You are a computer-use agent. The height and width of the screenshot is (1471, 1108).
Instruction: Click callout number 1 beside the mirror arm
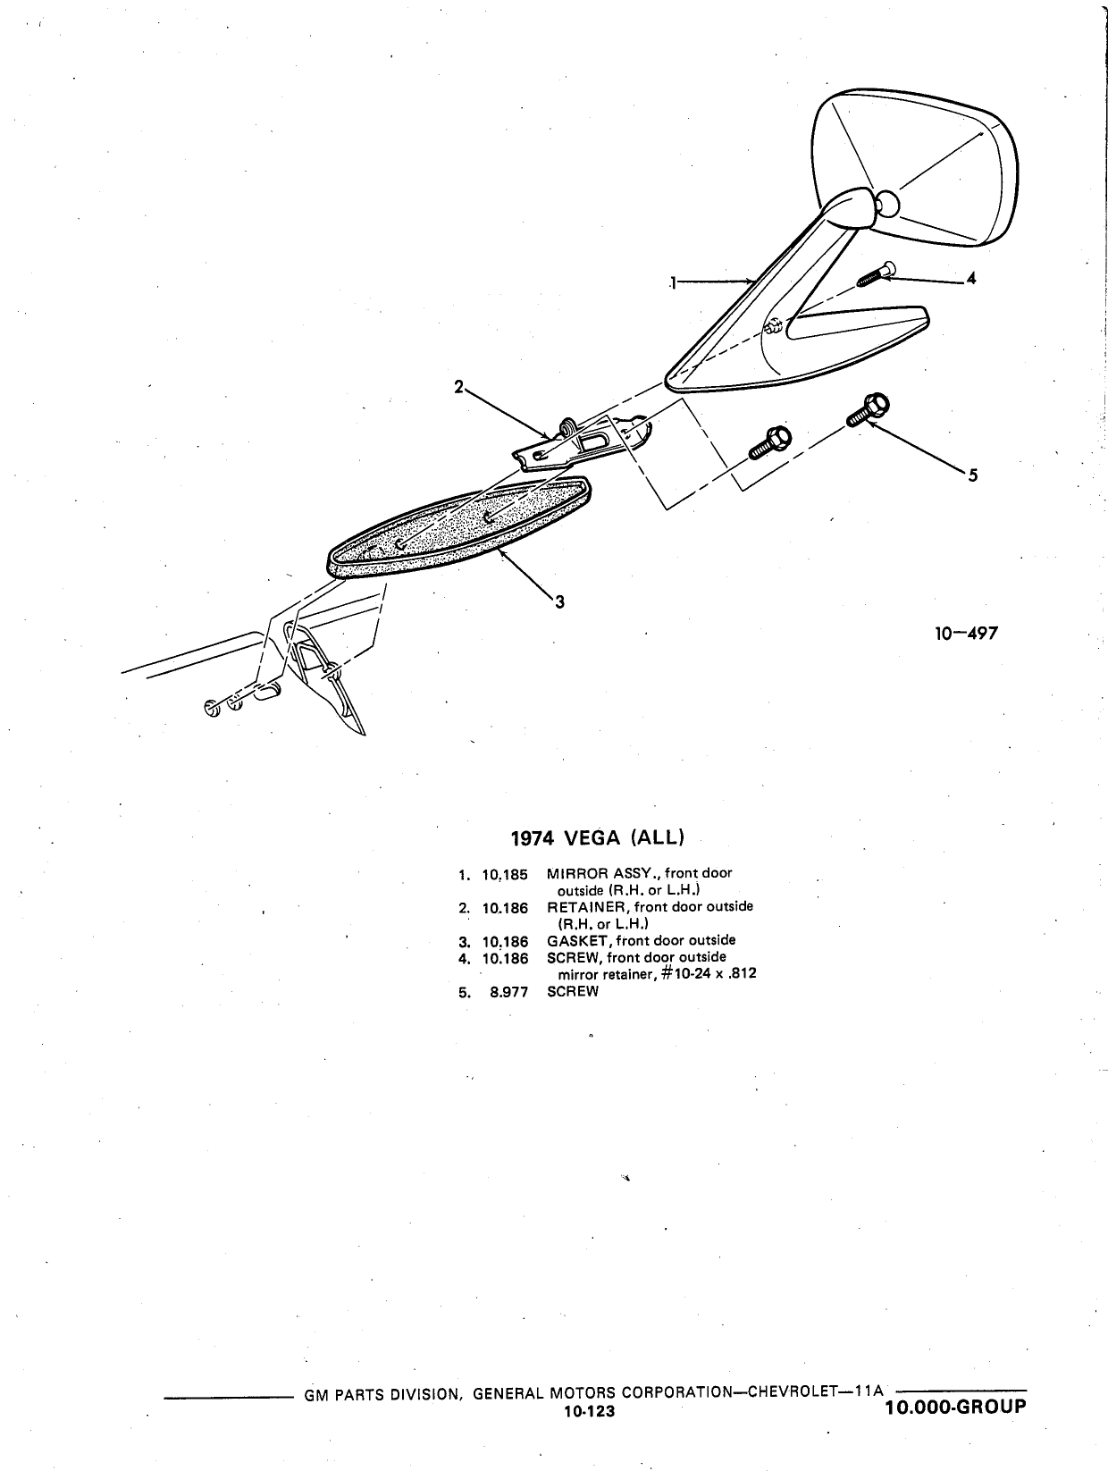(673, 282)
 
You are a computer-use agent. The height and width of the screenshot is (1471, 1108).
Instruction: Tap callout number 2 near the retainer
(459, 387)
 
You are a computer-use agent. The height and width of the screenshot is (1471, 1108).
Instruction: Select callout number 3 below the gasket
(560, 601)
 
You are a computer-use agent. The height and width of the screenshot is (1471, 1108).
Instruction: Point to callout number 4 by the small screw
(970, 277)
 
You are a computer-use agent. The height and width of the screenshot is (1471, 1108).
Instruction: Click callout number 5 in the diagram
(973, 475)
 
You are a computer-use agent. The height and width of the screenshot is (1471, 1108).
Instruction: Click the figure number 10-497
(966, 633)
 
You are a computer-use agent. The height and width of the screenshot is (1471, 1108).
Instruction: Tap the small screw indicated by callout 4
(876, 273)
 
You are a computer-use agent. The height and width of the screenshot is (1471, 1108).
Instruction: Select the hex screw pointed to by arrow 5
(868, 409)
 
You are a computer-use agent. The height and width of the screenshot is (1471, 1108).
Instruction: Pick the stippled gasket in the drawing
(459, 526)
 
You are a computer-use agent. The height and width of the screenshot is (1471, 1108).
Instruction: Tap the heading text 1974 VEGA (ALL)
(597, 838)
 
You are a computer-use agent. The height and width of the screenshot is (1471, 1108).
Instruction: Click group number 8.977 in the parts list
(508, 992)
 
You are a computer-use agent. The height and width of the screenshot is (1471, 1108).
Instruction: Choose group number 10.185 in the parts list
(505, 875)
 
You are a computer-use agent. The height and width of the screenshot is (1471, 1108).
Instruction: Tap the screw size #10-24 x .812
(709, 974)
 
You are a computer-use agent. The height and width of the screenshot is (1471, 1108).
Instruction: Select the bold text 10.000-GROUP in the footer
(955, 1408)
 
